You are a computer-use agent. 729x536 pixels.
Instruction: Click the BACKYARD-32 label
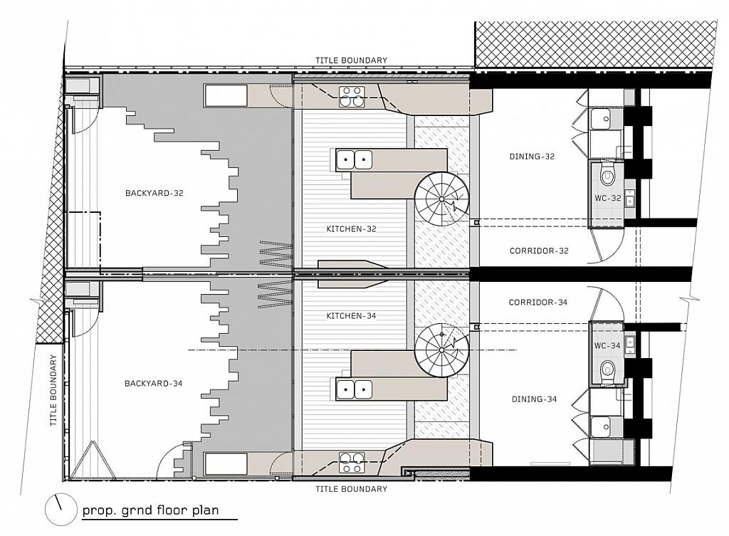point(154,193)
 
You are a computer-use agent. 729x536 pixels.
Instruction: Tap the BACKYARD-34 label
point(154,384)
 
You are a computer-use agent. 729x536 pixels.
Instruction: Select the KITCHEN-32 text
point(351,229)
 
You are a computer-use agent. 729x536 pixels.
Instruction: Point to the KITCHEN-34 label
point(351,315)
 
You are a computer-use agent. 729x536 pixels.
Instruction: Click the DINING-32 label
point(532,157)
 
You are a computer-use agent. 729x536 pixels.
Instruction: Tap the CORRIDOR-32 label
point(539,251)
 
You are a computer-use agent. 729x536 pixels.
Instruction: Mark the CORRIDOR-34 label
point(538,303)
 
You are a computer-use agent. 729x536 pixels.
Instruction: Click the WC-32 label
point(609,197)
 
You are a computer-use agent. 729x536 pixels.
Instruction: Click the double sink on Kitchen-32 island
point(354,159)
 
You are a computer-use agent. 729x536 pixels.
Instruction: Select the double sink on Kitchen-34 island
point(354,389)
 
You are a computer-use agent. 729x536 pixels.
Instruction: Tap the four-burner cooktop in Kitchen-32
point(351,95)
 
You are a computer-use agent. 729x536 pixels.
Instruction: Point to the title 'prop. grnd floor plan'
point(150,510)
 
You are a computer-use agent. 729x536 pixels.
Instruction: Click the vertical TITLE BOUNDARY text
point(53,391)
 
